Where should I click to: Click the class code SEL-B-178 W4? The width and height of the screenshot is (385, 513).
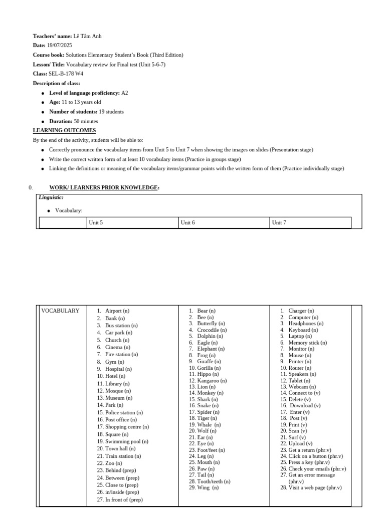pyautogui.click(x=65, y=74)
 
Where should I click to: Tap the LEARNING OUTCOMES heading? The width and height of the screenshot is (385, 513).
pyautogui.click(x=64, y=131)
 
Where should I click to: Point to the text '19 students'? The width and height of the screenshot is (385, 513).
pyautogui.click(x=111, y=112)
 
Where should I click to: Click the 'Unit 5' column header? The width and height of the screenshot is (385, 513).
pyautogui.click(x=96, y=222)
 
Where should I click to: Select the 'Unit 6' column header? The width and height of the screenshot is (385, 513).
pyautogui.click(x=188, y=222)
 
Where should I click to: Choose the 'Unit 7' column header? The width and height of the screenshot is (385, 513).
pyautogui.click(x=279, y=222)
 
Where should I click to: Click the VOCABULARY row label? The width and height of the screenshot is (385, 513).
pyautogui.click(x=60, y=311)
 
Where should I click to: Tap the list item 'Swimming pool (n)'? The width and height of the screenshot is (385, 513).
pyautogui.click(x=126, y=442)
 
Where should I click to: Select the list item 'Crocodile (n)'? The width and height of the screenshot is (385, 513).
pyautogui.click(x=212, y=330)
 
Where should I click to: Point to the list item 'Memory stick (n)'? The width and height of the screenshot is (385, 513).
pyautogui.click(x=307, y=343)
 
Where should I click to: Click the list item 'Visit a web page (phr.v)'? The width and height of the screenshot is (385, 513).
pyautogui.click(x=315, y=487)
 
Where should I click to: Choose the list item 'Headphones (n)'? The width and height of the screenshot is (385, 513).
pyautogui.click(x=306, y=324)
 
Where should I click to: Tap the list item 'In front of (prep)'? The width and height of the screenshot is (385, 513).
pyautogui.click(x=124, y=500)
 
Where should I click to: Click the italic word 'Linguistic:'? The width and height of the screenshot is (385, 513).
pyautogui.click(x=51, y=198)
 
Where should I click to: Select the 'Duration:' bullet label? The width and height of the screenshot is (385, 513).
pyautogui.click(x=63, y=121)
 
